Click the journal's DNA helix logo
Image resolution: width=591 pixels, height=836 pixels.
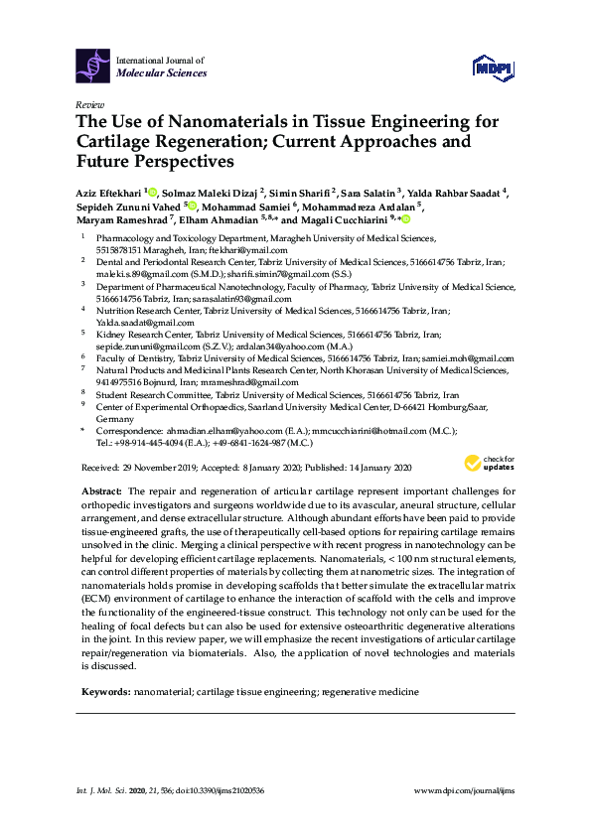94,67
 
